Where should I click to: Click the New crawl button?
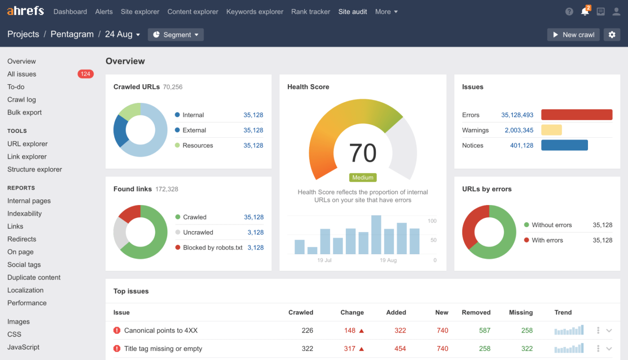[573, 35]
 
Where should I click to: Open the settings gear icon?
[612, 35]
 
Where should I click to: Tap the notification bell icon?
[585, 11]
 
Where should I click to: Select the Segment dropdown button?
[175, 35]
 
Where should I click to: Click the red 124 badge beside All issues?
[85, 74]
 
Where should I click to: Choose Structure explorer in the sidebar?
[35, 169]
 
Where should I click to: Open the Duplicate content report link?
[34, 277]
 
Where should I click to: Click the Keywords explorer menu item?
[255, 12]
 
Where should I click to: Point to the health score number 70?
[363, 153]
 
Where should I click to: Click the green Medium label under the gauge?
[363, 177]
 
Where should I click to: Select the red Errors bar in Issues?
[576, 115]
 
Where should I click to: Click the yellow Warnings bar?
[551, 130]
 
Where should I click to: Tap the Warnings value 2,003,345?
[519, 130]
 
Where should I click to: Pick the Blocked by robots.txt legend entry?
[212, 248]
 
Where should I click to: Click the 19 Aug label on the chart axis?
[388, 260]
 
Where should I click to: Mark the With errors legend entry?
[547, 240]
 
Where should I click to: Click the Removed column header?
[476, 312]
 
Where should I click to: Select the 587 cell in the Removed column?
[484, 330]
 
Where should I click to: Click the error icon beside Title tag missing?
[117, 349]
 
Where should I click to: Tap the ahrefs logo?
[25, 11]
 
